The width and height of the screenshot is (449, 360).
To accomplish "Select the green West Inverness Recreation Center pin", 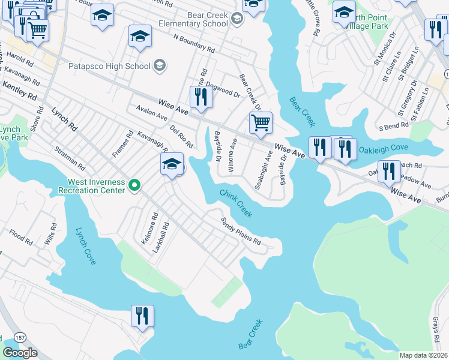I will (134, 186).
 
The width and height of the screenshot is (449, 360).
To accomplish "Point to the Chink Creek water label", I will (235, 203).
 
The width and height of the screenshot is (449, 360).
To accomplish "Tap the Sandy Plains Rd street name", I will (241, 232).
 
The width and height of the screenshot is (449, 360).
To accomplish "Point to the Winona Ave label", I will (232, 155).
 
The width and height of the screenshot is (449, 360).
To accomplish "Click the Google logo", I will (19, 353).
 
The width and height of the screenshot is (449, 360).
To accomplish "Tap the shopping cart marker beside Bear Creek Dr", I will (261, 123).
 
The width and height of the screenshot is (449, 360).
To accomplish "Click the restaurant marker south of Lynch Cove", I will (142, 316).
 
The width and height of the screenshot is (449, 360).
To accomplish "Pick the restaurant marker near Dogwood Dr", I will (201, 97).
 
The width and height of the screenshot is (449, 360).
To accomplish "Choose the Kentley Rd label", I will (20, 92).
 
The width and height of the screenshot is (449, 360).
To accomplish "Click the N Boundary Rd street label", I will (194, 43).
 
